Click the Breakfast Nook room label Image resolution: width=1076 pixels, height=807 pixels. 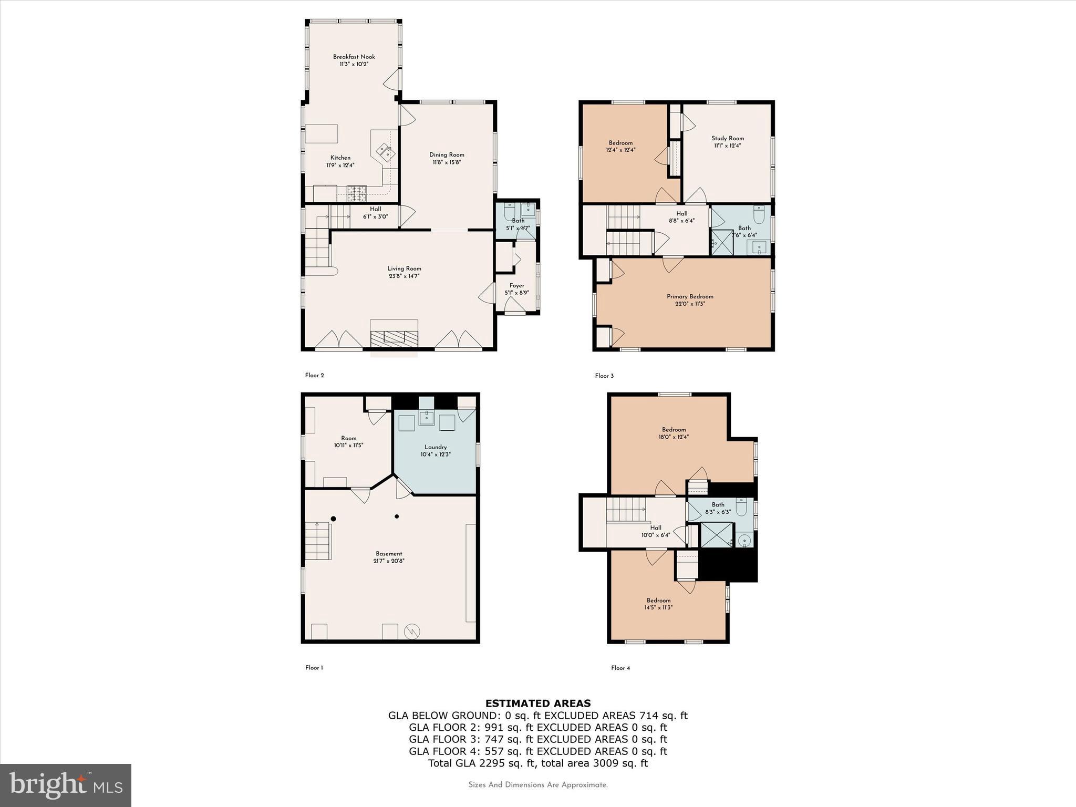[x=354, y=57]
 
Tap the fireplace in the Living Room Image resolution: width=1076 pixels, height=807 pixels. [x=394, y=338]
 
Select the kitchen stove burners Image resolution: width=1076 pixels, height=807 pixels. [x=356, y=193]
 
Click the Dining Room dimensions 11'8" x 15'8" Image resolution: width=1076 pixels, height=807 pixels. [x=446, y=162]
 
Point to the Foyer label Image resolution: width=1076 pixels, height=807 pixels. [x=516, y=286]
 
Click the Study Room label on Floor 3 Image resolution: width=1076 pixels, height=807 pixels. [x=728, y=138]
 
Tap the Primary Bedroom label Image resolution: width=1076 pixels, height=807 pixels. [x=690, y=296]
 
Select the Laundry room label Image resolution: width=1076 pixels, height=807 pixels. [x=436, y=447]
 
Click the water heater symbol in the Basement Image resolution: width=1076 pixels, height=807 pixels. [x=413, y=631]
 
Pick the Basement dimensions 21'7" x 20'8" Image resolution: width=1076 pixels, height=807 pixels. [x=389, y=561]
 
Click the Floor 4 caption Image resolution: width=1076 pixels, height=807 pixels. [x=620, y=668]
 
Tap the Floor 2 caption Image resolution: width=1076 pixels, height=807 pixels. [x=314, y=375]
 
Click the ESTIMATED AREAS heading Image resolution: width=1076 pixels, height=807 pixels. [x=537, y=703]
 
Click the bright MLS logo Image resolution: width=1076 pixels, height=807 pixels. [x=66, y=785]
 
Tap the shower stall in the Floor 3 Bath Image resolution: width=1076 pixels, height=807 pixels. [x=722, y=243]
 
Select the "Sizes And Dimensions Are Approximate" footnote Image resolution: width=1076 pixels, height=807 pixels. [x=537, y=785]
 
